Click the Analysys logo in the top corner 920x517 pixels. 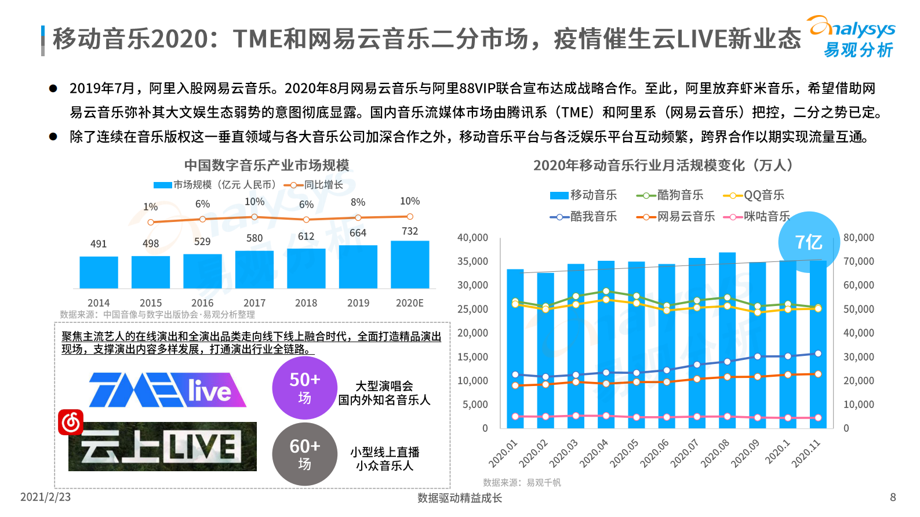tap(852, 37)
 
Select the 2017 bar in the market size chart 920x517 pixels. tap(254, 270)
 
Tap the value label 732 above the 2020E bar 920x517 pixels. tap(409, 231)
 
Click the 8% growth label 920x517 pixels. tap(358, 202)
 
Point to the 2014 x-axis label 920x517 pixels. tap(99, 303)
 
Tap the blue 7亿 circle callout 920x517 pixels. tap(808, 242)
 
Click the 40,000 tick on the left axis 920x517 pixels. tap(472, 238)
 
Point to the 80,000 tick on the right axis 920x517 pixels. tap(859, 238)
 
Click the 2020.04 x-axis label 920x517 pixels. tap(594, 453)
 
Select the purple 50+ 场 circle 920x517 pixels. tap(304, 388)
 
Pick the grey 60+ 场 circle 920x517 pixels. tap(304, 454)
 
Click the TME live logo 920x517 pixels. tap(167, 389)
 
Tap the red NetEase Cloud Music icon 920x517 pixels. tap(71, 423)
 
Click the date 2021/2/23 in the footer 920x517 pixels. tap(45, 497)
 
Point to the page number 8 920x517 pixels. tap(893, 497)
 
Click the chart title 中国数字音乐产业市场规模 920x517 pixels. tap(267, 165)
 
